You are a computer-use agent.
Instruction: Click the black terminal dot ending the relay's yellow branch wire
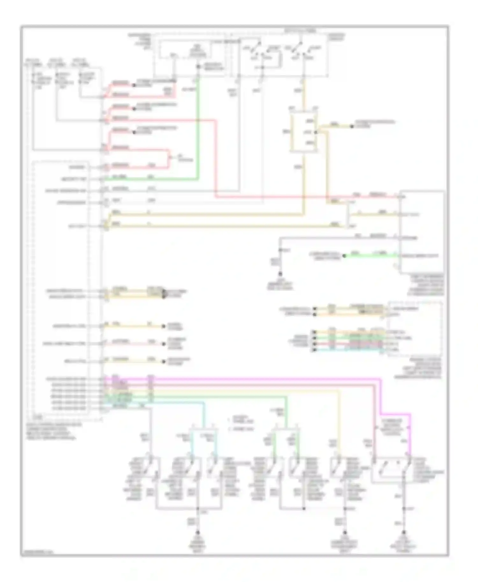pyautogui.click(x=352, y=126)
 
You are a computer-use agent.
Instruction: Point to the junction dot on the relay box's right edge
pyautogui.click(x=315, y=132)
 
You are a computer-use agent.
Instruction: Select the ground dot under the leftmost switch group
pyautogui.click(x=198, y=541)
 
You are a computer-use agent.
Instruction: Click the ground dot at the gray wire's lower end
pyautogui.click(x=280, y=274)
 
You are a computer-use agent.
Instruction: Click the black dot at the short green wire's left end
pyautogui.click(x=344, y=256)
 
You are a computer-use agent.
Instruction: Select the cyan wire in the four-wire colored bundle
pyautogui.click(x=351, y=350)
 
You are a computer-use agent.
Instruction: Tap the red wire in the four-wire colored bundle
pyautogui.click(x=351, y=344)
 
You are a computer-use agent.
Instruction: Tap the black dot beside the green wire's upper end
pyautogui.click(x=198, y=67)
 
